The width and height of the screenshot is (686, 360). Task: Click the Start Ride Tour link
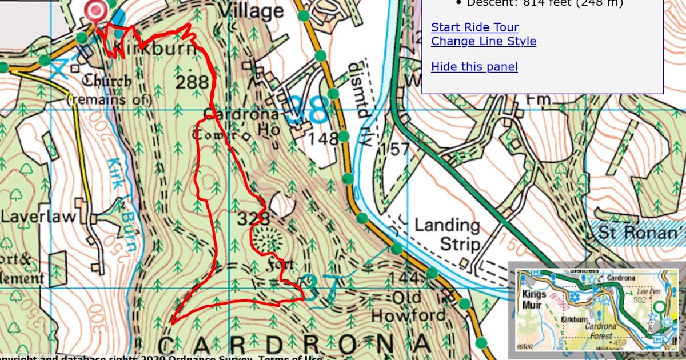(x=474, y=27)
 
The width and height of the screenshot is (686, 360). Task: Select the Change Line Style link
(x=483, y=41)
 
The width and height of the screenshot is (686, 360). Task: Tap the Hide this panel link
(x=474, y=67)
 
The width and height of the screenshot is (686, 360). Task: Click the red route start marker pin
(x=95, y=11)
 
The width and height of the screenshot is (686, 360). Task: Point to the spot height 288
(x=192, y=82)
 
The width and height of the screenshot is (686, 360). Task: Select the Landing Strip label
(x=447, y=235)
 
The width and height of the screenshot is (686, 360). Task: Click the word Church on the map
(x=106, y=81)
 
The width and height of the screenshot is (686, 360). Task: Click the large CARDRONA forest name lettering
(x=293, y=345)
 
